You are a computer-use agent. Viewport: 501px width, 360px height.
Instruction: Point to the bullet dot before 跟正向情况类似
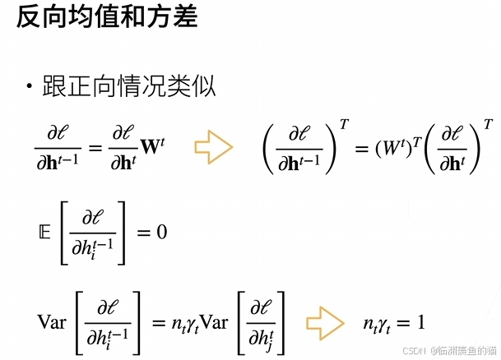[x=29, y=86]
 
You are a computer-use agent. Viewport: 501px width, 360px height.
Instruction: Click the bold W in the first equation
[x=151, y=148]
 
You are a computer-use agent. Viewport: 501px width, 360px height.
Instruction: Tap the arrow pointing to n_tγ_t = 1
[x=322, y=321]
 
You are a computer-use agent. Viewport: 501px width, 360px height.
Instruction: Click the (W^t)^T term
[x=397, y=148]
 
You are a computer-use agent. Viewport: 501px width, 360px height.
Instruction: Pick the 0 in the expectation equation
[x=162, y=233]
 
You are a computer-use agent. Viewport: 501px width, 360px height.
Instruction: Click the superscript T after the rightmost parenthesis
[x=489, y=124]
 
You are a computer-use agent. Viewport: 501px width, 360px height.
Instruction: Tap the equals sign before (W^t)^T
[x=358, y=148]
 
